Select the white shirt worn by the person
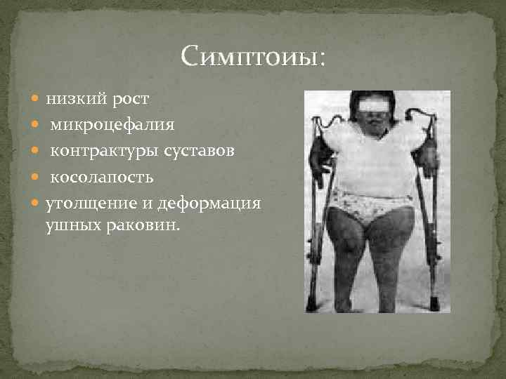click(x=373, y=158)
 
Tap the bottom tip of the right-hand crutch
click(x=435, y=306)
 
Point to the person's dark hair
click(x=373, y=96)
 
